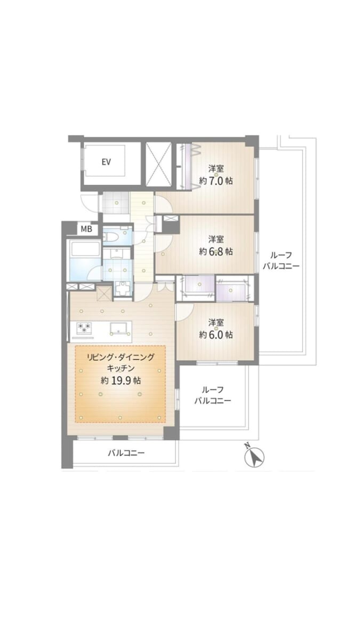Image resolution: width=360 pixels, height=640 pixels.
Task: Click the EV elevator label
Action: click(x=106, y=162)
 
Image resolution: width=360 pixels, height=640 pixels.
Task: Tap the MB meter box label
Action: click(x=86, y=229)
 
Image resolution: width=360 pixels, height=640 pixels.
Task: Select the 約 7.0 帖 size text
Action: click(x=215, y=181)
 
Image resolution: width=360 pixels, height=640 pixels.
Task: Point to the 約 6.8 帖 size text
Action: click(x=215, y=251)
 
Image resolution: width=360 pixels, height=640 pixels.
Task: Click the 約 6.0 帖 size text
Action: click(x=215, y=334)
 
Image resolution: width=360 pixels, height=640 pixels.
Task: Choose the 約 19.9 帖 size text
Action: click(x=121, y=381)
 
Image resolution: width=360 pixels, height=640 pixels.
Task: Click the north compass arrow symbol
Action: click(x=254, y=457)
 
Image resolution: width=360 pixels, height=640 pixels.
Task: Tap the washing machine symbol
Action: click(x=123, y=289)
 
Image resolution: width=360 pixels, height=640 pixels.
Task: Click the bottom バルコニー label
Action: click(x=126, y=453)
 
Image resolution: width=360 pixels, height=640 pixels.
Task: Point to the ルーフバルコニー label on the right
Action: click(x=281, y=261)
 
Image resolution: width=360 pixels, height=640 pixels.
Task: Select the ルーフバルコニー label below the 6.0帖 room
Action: click(x=213, y=395)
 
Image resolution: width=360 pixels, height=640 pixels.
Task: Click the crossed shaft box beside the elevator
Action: click(x=158, y=164)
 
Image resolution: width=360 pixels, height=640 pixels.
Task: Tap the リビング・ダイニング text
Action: click(x=121, y=357)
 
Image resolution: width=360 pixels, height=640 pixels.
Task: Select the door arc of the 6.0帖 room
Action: click(x=185, y=313)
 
